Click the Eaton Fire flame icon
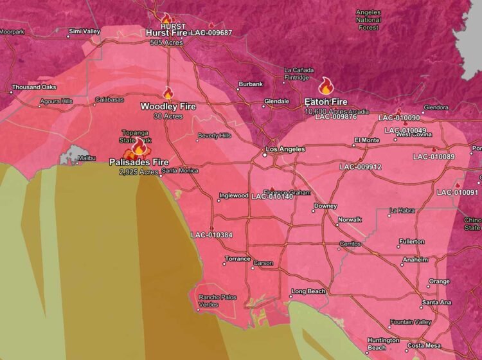[325, 85]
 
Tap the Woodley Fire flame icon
[168, 93]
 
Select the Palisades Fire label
[139, 162]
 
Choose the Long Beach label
[308, 291]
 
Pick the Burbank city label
[251, 84]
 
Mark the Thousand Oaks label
[34, 87]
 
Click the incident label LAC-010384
[211, 235]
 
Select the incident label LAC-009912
[361, 166]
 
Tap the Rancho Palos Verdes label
[219, 301]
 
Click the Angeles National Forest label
[368, 20]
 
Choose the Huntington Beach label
[378, 344]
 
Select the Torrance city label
[238, 258]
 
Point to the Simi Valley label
[85, 31]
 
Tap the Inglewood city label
[233, 195]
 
